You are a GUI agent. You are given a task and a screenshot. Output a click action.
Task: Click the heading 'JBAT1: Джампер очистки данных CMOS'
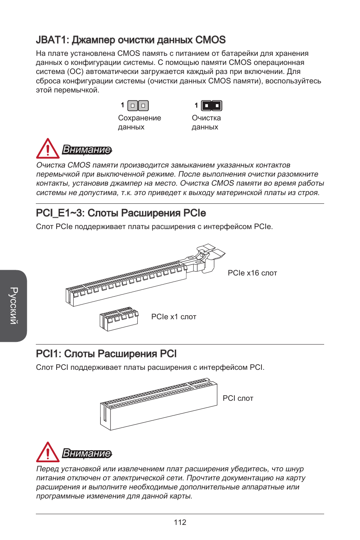coord(131,40)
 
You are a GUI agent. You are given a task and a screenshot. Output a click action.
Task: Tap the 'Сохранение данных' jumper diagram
coord(138,106)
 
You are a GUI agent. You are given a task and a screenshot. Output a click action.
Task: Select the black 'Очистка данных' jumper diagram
coord(212,106)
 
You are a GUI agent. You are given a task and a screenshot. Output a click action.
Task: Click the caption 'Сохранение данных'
coord(139,122)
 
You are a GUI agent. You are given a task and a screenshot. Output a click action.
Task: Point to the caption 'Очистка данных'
coord(206,122)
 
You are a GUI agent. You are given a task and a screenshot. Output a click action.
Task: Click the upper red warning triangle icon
coord(48,149)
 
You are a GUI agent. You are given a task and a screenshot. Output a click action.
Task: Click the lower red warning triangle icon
coord(48,452)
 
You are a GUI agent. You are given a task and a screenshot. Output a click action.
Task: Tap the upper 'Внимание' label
coord(87,150)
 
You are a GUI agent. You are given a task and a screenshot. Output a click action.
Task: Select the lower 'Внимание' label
coord(87,453)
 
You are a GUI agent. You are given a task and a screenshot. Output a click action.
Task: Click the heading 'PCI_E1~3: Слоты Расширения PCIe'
coord(121,213)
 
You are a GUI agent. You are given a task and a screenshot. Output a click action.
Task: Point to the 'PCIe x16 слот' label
coord(252,273)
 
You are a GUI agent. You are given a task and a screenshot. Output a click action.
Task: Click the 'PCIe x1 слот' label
coord(174,317)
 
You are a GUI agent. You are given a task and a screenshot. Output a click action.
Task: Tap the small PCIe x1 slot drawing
coord(119,319)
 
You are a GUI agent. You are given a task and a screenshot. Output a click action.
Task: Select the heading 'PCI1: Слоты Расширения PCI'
coord(106,354)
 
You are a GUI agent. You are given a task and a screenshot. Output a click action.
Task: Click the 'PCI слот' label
coord(238,398)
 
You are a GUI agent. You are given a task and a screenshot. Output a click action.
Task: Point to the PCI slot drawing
coord(158,406)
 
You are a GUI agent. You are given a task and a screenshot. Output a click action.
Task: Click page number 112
coord(180,522)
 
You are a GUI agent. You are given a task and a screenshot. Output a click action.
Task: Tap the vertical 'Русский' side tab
coord(14,306)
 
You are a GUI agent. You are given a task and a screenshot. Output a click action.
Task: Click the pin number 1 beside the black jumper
coord(196,105)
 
